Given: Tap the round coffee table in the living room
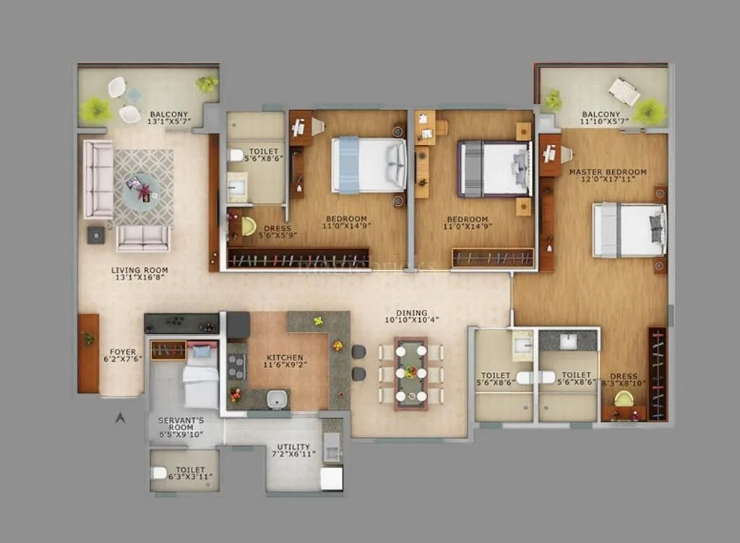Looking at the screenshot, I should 142,191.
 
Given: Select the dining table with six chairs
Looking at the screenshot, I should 410,373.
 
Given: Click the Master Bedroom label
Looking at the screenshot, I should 607,172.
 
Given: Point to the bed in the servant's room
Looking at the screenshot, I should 200,383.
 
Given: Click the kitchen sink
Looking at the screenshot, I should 275,398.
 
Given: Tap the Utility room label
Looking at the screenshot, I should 293,447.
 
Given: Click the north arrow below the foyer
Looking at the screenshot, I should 121,417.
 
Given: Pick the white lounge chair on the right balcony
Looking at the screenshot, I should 624,92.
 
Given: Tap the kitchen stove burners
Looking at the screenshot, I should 236,367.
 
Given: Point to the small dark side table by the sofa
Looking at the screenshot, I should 96,234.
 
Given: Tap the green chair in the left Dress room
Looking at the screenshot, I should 249,227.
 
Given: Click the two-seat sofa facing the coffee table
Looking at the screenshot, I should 143,238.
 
